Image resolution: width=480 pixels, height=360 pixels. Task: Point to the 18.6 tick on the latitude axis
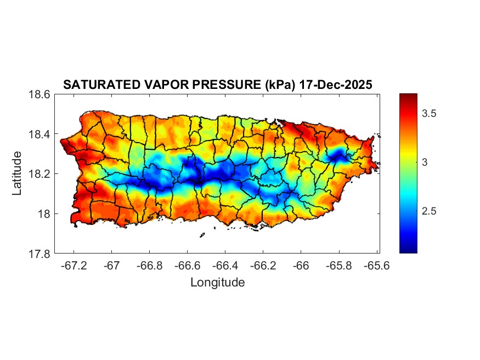tap(40, 94)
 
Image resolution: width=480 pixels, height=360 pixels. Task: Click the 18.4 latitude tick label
tap(40, 134)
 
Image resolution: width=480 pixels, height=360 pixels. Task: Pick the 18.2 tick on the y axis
tap(40, 174)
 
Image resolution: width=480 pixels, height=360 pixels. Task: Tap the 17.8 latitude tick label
tap(40, 254)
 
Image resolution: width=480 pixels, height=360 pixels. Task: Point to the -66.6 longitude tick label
tap(187, 266)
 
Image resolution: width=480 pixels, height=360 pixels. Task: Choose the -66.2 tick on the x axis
tap(263, 266)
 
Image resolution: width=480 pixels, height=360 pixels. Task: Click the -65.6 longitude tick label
tap(376, 266)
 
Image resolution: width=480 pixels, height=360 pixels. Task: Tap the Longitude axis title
tap(217, 283)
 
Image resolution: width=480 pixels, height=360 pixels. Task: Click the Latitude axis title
tap(18, 173)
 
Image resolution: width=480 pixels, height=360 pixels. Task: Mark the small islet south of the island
tap(202, 235)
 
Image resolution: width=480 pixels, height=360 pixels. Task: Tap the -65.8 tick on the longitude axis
tap(338, 266)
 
